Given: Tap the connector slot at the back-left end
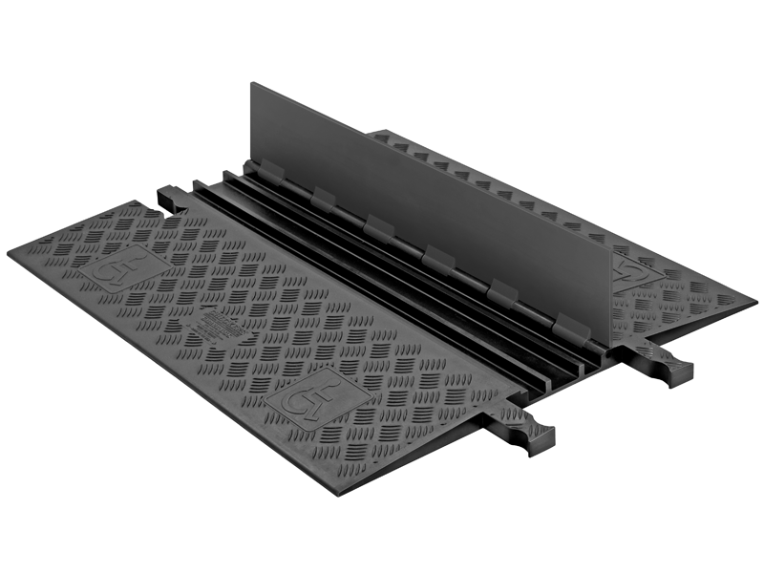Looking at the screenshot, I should [172, 198].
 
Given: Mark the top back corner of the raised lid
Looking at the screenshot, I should [253, 84].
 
